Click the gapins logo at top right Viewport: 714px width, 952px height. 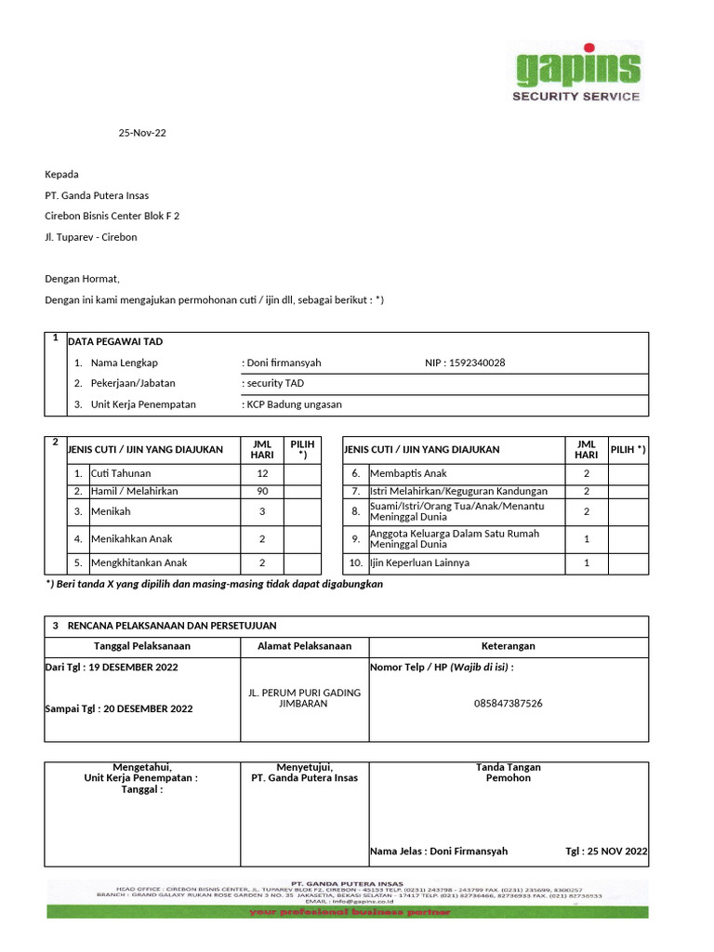pos(577,72)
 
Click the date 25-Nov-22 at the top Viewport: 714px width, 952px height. pos(142,133)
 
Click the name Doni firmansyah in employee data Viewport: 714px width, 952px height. pos(284,363)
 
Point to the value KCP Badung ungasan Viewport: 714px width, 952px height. pos(293,404)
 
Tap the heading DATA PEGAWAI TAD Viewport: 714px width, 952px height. pos(115,342)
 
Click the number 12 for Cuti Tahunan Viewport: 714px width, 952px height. pos(262,473)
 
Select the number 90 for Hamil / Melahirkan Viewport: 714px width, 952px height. pos(262,491)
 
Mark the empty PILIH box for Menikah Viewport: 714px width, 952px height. pos(302,512)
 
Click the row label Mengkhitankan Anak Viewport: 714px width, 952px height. pos(139,562)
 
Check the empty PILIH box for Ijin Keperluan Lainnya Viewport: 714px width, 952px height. pos(628,562)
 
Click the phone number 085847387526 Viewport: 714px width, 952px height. pos(509,704)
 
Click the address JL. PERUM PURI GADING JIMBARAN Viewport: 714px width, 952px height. pos(304,698)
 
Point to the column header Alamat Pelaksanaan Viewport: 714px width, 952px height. pos(304,646)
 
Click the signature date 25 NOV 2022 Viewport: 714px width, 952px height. pos(617,852)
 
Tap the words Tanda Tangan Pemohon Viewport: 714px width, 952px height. pos(509,773)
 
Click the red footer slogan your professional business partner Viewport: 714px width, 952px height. pos(350,912)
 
